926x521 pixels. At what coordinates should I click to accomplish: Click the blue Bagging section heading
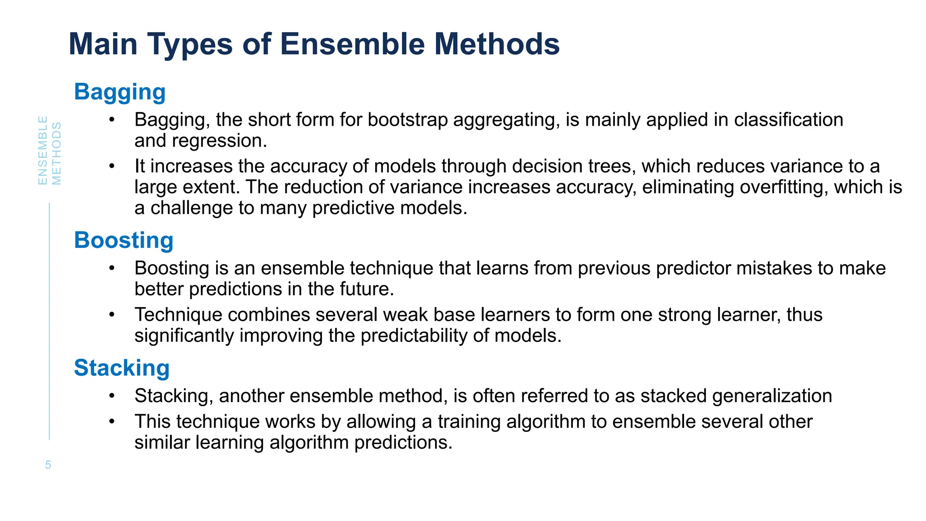coord(120,92)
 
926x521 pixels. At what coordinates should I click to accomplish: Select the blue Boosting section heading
coord(123,240)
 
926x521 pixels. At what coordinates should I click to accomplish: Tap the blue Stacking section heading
coord(122,368)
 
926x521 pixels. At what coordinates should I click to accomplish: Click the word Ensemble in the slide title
coord(352,44)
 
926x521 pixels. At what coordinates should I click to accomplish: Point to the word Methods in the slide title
coord(497,44)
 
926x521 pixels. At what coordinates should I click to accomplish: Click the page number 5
coord(48,465)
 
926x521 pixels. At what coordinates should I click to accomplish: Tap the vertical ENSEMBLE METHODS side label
coord(49,151)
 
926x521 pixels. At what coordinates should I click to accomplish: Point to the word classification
coord(789,120)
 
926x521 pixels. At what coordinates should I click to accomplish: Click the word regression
coord(220,141)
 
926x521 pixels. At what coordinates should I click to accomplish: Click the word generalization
coord(772,396)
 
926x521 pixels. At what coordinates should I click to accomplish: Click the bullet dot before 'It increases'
coord(112,166)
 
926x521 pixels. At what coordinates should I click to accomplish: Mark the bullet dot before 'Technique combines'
coord(112,315)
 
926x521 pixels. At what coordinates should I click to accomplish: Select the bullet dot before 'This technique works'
coord(112,422)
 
